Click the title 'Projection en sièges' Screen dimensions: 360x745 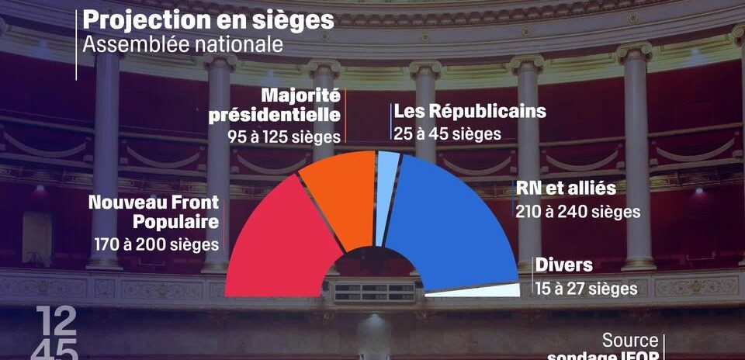coord(208,20)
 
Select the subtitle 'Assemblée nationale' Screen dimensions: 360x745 coord(182,44)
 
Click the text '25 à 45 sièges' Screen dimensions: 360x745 coord(447,133)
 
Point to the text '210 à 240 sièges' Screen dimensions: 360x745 coord(578,210)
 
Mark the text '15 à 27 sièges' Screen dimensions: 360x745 coord(586,288)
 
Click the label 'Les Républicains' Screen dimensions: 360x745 coord(470,111)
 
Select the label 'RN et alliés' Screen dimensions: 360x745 coord(566,189)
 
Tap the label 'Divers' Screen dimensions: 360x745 coord(563,265)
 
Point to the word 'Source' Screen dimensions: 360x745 coord(630,340)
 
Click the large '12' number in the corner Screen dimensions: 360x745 coord(55,320)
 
